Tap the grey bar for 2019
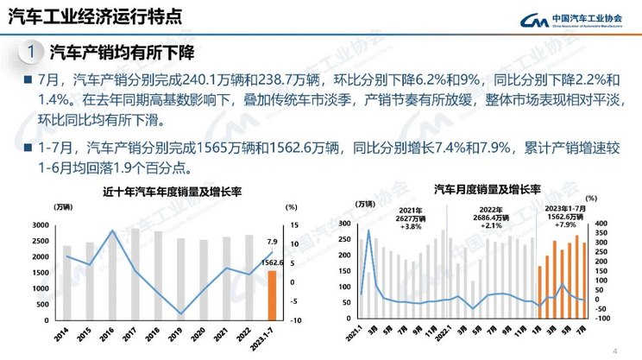pyautogui.click(x=180, y=280)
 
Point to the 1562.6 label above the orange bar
pyautogui.click(x=272, y=263)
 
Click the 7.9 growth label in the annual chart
pyautogui.click(x=271, y=242)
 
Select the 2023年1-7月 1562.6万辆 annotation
pyautogui.click(x=567, y=216)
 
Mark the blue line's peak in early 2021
pyautogui.click(x=369, y=231)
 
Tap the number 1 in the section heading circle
pyautogui.click(x=30, y=54)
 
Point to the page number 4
pyautogui.click(x=614, y=351)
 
